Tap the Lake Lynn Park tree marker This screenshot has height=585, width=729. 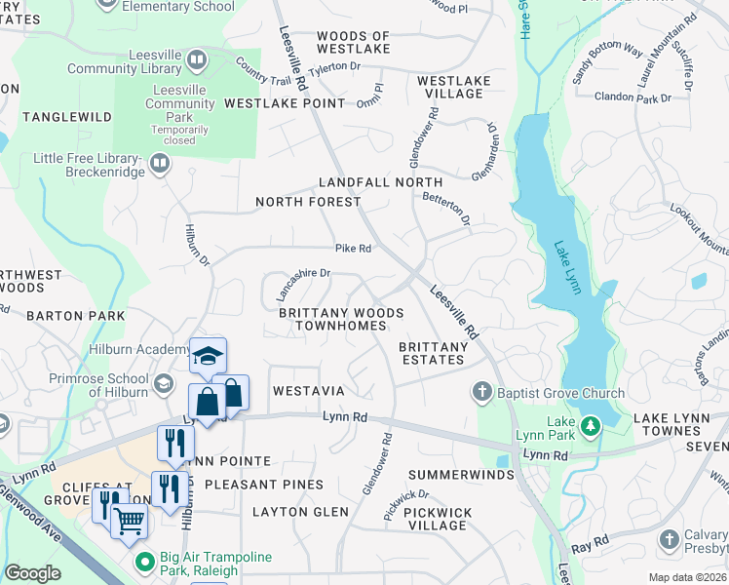coord(590,426)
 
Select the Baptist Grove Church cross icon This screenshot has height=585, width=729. coord(480,393)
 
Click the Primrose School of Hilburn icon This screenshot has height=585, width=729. coord(166,381)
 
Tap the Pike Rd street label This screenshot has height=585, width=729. coord(353,249)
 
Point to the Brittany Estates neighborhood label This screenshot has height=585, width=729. coord(434,353)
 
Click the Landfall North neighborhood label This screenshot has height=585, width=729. coord(381,182)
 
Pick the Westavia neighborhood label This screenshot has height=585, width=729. coord(308,390)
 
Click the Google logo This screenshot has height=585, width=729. coord(32,573)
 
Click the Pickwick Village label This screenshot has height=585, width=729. coord(438,519)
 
